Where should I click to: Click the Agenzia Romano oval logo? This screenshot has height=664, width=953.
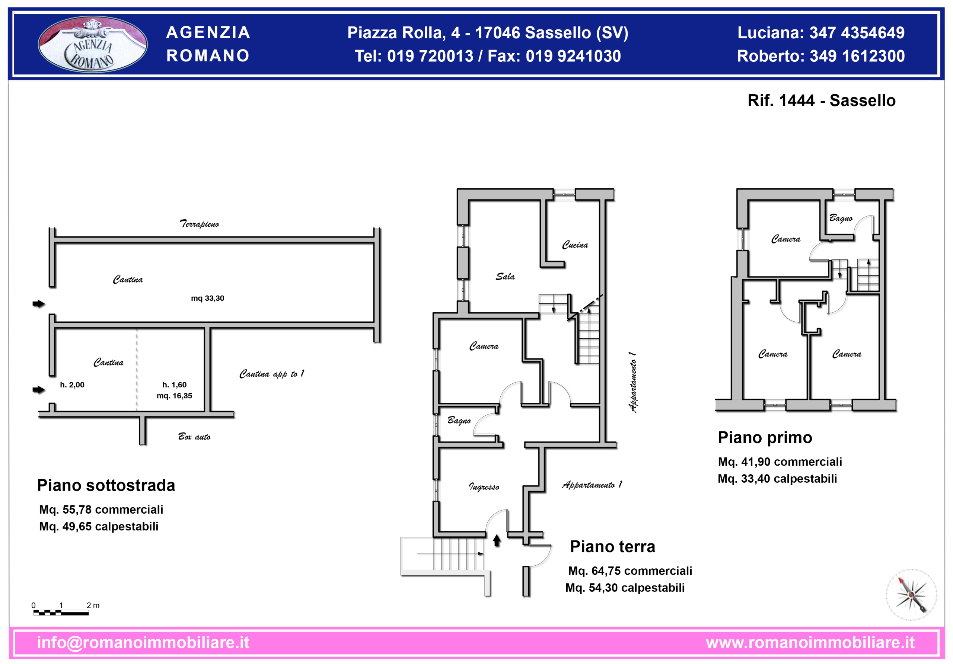pos(93,44)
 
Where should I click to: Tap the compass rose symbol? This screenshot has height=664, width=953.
pos(911,595)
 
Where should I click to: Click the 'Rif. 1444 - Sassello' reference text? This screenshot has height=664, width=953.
pos(822,100)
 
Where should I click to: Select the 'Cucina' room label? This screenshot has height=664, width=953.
pos(575,245)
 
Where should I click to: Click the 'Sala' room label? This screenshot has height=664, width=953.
pos(505,277)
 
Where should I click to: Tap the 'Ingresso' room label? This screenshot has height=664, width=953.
pos(484,486)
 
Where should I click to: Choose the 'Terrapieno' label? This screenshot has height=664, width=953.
pos(199,224)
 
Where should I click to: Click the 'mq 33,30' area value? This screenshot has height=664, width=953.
pos(207,298)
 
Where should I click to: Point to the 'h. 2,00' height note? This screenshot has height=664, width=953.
pos(72,385)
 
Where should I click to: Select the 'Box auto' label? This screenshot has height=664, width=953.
pos(194,437)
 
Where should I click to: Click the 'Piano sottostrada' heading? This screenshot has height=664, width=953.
pos(106,485)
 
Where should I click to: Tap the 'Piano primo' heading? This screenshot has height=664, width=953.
pos(765,437)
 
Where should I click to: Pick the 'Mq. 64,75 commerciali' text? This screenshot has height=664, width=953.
pos(630,571)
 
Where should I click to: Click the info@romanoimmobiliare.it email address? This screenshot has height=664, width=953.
pos(143,642)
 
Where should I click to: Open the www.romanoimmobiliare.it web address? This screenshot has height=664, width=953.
pos(810,642)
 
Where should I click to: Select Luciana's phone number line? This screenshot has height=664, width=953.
pos(821,33)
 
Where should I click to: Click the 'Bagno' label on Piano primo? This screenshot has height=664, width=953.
pos(841,218)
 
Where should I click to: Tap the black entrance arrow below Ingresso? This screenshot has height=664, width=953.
pos(497,540)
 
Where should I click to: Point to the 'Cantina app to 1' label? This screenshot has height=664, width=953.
pos(272,374)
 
